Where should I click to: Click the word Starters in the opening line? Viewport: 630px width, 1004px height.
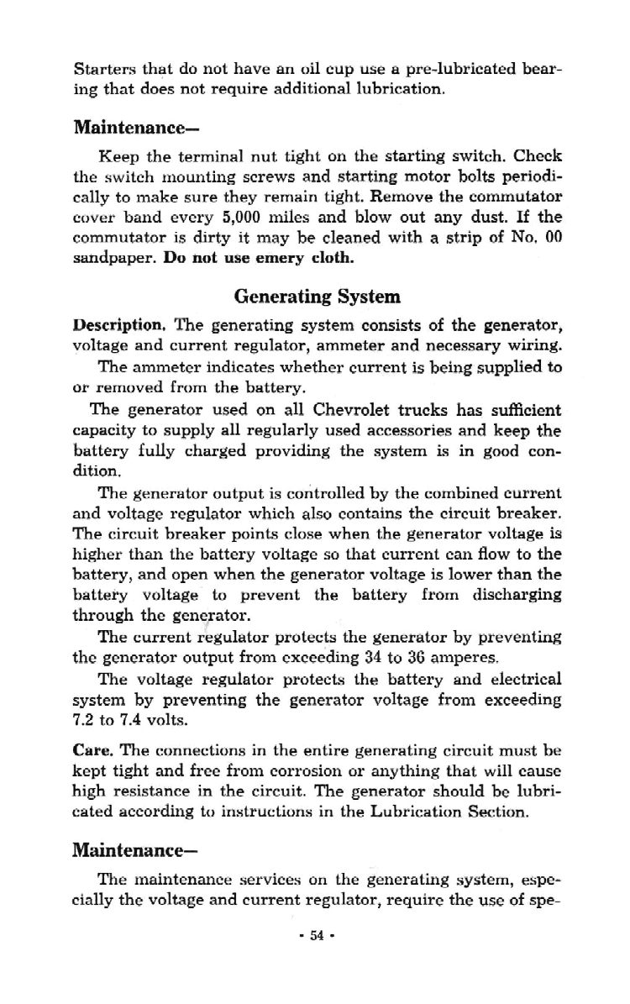click(x=100, y=68)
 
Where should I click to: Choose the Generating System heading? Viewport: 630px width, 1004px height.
click(x=317, y=297)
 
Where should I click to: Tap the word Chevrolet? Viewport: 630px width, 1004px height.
click(x=357, y=410)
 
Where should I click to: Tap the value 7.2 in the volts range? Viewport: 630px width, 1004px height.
click(x=85, y=720)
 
